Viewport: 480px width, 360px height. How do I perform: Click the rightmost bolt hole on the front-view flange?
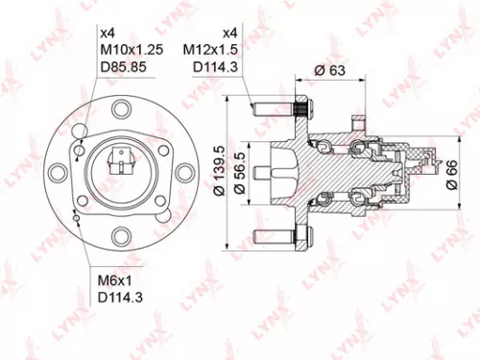click(180, 174)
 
